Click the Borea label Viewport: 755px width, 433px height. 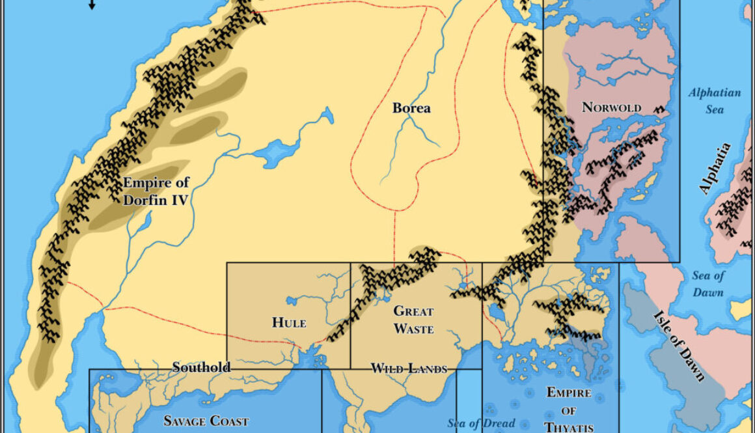pos(411,107)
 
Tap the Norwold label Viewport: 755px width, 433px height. pos(611,107)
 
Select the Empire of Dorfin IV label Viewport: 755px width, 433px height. pos(156,191)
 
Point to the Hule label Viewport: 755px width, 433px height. pos(288,322)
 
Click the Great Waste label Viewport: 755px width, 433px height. pos(413,320)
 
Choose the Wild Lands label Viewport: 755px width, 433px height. pos(409,369)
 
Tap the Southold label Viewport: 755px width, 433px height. pos(201,367)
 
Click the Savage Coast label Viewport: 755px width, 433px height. pos(206,421)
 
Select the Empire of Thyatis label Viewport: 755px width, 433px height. pos(568,410)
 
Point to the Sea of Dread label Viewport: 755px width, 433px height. pos(481,423)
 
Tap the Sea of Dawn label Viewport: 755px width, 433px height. pos(707,284)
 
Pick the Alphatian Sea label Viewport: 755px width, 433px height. pos(715,101)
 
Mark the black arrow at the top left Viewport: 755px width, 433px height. pos(92,5)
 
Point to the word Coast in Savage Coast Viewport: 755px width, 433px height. pos(227,421)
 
